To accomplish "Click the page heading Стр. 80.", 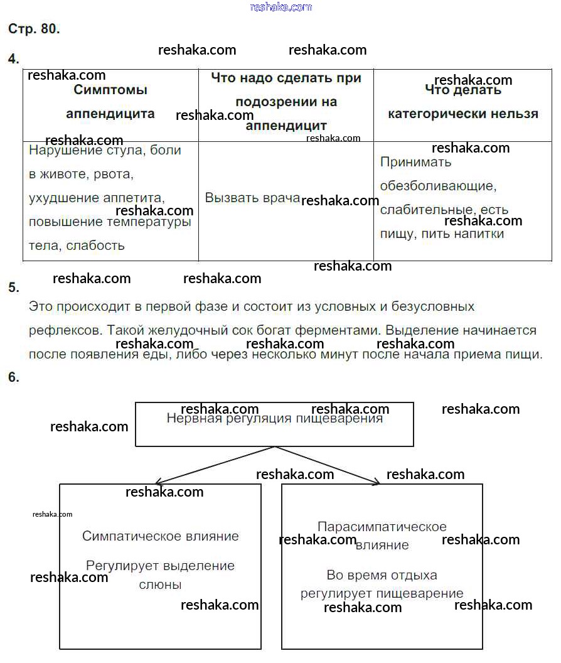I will coord(34,29).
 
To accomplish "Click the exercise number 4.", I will coord(13,59).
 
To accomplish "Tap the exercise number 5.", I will coord(13,288).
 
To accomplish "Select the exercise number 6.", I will coord(13,377).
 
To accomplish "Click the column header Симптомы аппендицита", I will coord(110,102).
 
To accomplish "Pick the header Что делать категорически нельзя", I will coord(463,102).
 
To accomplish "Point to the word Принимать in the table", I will coord(416,162).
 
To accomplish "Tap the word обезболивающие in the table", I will coord(438,186).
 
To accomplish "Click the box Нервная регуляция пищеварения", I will coord(274,423).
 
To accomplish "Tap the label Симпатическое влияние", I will coord(161,536).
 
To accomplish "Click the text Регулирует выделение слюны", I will coord(161,574).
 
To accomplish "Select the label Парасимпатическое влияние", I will coord(382,536).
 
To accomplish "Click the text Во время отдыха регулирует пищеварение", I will coord(382,584).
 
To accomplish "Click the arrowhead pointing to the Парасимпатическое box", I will coord(375,482).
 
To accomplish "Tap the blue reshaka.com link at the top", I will coord(280,7).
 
